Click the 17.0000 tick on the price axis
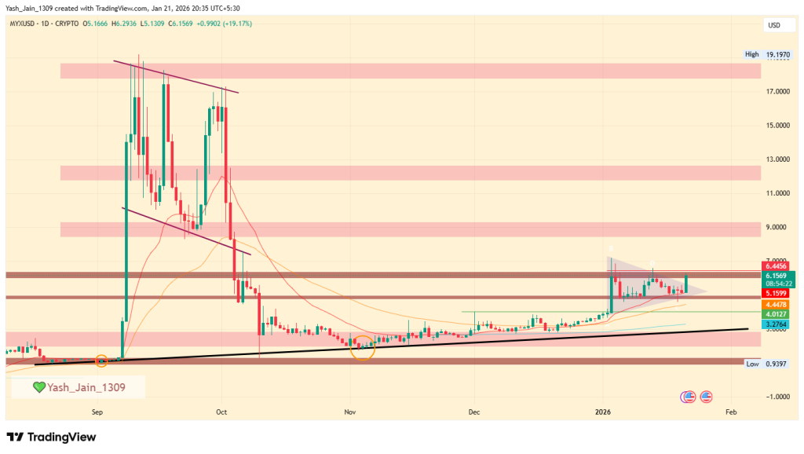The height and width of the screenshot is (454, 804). (x=777, y=92)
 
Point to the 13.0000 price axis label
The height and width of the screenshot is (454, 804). (x=777, y=159)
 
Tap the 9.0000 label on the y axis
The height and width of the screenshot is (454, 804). (x=777, y=228)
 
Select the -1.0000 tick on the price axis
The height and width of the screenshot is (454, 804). (x=777, y=397)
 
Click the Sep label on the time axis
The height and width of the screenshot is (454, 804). (x=98, y=412)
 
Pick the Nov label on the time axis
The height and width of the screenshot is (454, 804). (x=349, y=412)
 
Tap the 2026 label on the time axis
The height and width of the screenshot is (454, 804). (x=603, y=412)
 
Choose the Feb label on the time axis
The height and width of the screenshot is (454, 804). (x=731, y=412)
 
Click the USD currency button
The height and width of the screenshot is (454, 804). (x=774, y=26)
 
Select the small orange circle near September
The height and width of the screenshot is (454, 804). (x=101, y=361)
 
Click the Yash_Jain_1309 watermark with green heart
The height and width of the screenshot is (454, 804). (x=78, y=386)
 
